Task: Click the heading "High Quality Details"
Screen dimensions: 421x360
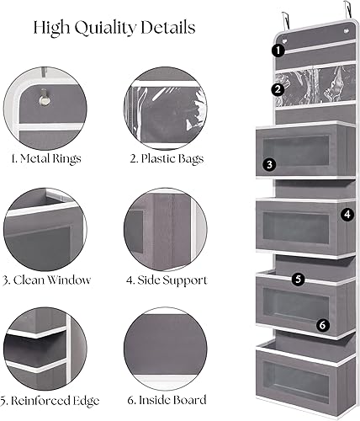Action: (114, 29)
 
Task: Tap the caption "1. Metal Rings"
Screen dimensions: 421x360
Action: (40, 157)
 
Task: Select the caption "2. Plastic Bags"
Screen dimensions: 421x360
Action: (159, 157)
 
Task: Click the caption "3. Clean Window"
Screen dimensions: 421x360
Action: (46, 280)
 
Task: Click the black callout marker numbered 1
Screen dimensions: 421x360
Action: (278, 51)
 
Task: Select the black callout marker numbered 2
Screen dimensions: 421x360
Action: (278, 89)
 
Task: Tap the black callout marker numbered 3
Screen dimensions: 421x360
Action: (268, 165)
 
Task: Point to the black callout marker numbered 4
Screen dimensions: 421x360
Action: (347, 214)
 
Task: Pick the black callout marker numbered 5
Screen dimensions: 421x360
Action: (298, 278)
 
